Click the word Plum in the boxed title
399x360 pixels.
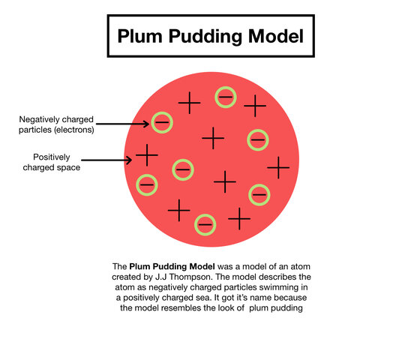pos(136,36)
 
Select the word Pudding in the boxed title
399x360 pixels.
pos(198,36)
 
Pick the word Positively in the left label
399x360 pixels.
pos(54,156)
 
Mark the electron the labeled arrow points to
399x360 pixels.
pos(160,121)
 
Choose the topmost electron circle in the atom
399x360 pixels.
pos(225,96)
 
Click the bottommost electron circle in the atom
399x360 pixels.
pos(205,223)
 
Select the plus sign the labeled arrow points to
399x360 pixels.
pos(146,156)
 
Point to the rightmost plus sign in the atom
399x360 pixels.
pos(278,166)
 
